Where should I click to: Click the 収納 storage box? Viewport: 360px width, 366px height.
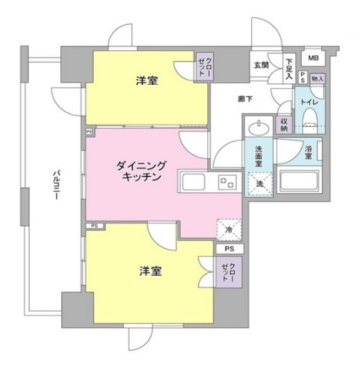(283, 124)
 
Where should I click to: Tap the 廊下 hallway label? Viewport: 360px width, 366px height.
(246, 98)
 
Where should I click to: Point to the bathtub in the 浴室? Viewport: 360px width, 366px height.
(298, 181)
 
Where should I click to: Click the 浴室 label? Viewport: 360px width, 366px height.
(308, 152)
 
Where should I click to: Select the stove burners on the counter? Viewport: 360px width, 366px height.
(227, 183)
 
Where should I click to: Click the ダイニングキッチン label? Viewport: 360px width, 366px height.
(141, 171)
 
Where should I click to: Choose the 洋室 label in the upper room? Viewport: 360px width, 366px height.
(147, 81)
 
